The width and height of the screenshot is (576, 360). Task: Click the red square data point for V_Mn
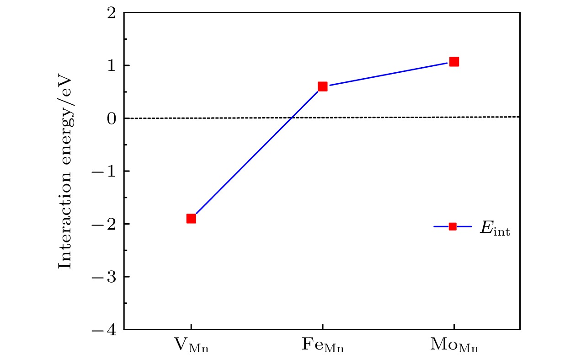(x=191, y=219)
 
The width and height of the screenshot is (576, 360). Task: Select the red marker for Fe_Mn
(x=322, y=86)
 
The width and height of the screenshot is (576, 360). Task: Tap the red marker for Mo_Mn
(x=454, y=62)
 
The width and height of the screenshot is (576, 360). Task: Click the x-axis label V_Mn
(x=191, y=346)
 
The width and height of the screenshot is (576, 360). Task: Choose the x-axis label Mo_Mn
(x=454, y=346)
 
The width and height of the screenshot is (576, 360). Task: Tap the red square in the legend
(x=453, y=226)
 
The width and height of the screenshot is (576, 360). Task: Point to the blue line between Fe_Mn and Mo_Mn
(x=389, y=74)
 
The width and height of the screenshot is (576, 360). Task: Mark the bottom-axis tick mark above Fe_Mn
(x=322, y=327)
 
